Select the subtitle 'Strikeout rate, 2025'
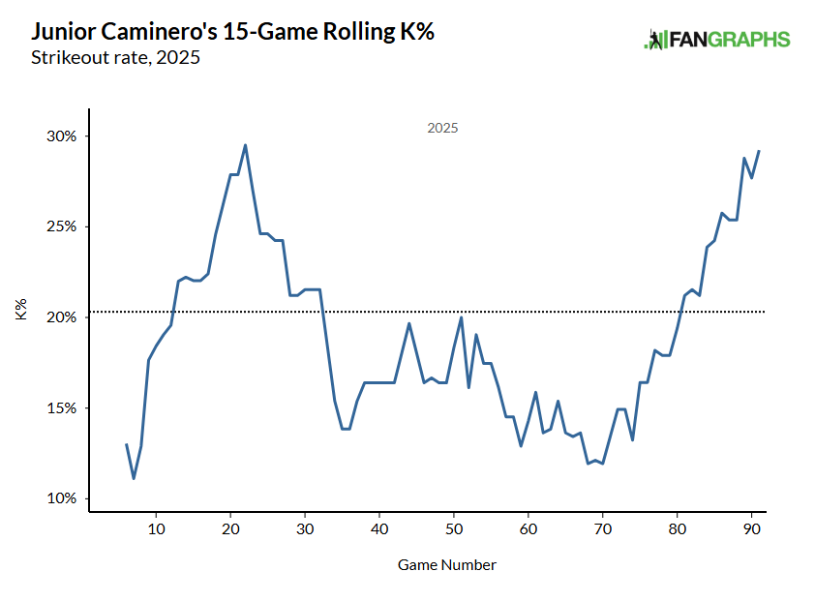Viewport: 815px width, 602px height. (x=115, y=57)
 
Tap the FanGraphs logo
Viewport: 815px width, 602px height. (x=717, y=40)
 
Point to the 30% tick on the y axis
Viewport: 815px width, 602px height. (x=62, y=136)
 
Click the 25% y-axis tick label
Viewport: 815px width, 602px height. (x=62, y=226)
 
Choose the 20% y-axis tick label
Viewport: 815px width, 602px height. (x=62, y=317)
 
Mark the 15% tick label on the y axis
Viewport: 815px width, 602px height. (x=62, y=408)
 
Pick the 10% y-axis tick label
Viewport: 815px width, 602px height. (x=62, y=498)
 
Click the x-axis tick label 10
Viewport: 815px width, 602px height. (x=156, y=529)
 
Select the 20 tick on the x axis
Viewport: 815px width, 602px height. (x=230, y=529)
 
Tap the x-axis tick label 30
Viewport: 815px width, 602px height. (x=305, y=529)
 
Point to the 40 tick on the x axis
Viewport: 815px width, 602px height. (x=379, y=529)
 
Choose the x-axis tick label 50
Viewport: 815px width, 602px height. (x=454, y=529)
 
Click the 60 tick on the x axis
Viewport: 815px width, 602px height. (x=528, y=529)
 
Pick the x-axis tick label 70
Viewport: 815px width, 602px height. (x=602, y=529)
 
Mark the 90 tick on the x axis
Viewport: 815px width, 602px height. (x=751, y=529)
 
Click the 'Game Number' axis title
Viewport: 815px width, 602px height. (x=446, y=563)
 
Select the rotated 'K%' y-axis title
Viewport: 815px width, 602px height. (x=20, y=311)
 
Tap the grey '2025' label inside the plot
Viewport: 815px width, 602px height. (x=442, y=128)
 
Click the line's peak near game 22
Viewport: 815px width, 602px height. (x=245, y=145)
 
